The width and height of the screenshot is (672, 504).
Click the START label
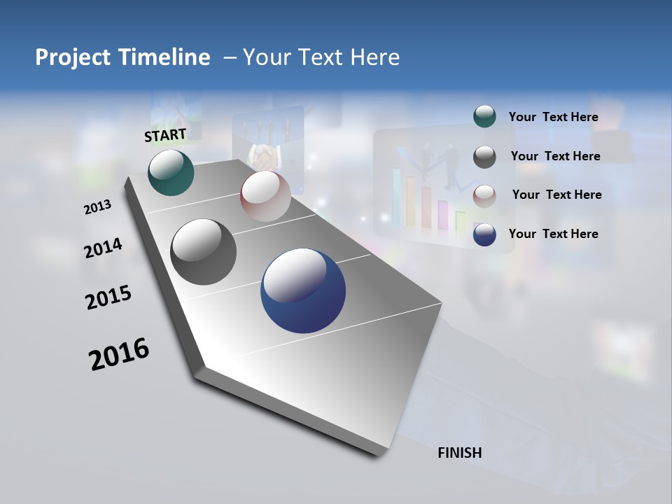tap(165, 135)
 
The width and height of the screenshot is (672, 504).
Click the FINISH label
tap(459, 453)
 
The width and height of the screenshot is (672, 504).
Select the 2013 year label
tap(97, 207)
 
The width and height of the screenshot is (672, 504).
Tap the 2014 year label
tap(103, 248)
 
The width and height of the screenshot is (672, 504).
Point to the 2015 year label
tap(108, 297)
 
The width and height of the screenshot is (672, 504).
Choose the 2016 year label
tap(119, 353)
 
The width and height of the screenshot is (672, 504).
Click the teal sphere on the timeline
tap(171, 172)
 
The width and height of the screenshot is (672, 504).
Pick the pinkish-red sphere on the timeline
tap(265, 196)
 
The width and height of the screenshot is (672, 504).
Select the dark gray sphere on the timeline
tap(203, 252)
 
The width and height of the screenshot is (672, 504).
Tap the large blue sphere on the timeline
tap(303, 290)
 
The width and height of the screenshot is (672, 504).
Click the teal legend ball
tap(484, 116)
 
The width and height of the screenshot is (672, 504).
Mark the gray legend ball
tap(484, 156)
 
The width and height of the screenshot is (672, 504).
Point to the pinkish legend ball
tap(484, 195)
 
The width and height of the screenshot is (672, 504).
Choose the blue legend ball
tap(484, 234)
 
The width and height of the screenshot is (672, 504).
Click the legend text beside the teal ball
tap(553, 117)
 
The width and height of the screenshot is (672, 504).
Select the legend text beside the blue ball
tap(553, 234)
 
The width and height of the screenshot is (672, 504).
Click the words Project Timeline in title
tap(122, 57)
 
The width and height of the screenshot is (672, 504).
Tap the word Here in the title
tap(374, 57)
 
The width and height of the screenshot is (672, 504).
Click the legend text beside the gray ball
tap(555, 156)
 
